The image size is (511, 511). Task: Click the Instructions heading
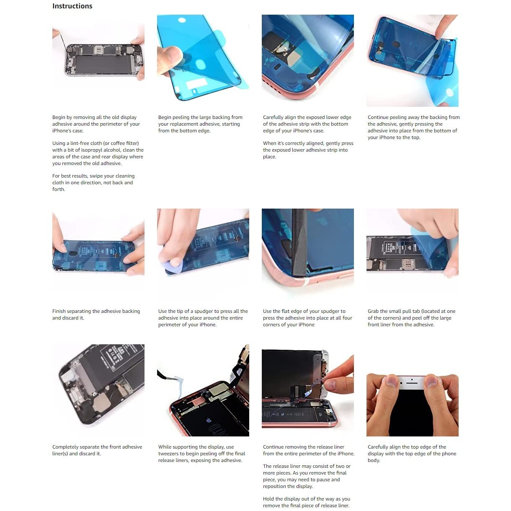tap(72, 6)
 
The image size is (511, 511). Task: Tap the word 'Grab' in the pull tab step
tap(373, 311)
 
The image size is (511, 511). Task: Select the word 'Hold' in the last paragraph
tap(268, 499)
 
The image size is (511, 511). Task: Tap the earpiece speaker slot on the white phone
tap(412, 383)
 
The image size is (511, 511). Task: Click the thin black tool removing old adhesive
tap(63, 41)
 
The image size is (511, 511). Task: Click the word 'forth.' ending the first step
tap(59, 189)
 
